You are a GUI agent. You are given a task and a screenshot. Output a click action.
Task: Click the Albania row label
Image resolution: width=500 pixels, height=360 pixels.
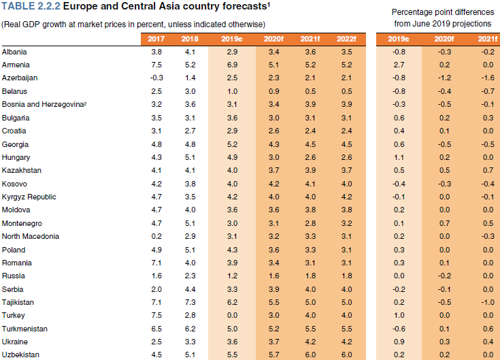click(14, 52)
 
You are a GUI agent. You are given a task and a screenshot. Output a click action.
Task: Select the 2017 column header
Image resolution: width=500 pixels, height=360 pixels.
click(156, 38)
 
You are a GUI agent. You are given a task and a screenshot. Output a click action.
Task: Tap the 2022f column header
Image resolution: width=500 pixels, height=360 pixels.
click(347, 38)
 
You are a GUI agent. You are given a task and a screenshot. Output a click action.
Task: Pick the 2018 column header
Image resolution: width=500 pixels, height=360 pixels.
click(190, 38)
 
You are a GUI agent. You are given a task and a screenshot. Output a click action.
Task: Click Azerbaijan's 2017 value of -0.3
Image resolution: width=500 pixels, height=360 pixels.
click(156, 78)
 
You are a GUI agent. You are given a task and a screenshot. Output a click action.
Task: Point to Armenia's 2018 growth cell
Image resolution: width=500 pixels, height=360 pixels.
click(190, 65)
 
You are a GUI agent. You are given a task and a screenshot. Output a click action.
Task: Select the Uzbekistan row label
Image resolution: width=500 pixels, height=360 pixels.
click(21, 355)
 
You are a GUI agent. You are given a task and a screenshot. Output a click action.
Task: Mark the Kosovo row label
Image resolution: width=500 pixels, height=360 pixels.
click(15, 184)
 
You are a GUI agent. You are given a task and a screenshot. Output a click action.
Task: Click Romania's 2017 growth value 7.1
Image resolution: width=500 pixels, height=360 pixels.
click(156, 263)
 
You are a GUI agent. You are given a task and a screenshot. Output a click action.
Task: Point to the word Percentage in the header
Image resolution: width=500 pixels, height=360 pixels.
click(414, 13)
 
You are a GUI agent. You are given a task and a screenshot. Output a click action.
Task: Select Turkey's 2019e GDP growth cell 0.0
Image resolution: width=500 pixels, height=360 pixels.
click(233, 316)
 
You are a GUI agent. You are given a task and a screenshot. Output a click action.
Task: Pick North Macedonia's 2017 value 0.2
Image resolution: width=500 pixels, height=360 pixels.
click(156, 236)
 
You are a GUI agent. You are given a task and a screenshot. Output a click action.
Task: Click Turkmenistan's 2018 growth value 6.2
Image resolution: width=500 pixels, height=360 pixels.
click(190, 329)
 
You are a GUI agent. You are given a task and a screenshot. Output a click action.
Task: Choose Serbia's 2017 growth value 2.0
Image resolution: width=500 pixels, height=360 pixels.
click(156, 289)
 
